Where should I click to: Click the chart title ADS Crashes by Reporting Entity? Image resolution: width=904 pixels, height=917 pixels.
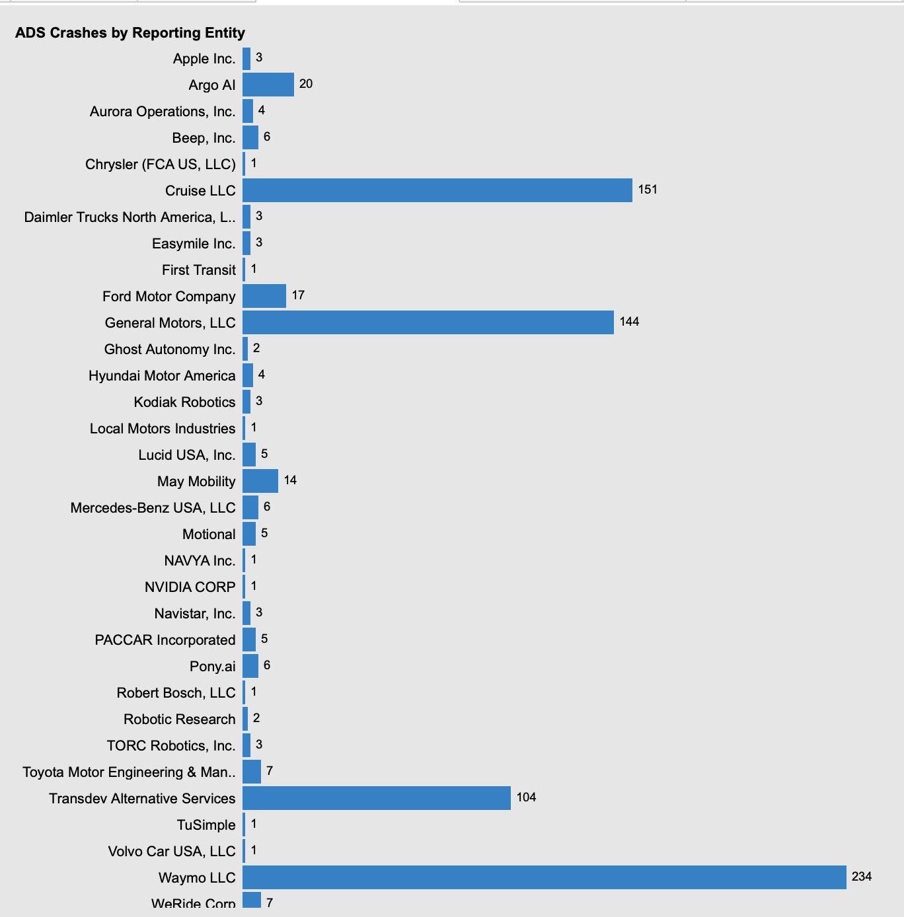[x=130, y=32]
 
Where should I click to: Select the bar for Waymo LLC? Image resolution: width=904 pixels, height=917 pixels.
[x=544, y=877]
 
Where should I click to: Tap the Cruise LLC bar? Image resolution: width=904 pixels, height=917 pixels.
[x=437, y=190]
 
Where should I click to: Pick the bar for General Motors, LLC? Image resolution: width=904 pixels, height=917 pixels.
[x=428, y=322]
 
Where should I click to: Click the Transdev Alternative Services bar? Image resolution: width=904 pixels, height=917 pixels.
[x=376, y=798]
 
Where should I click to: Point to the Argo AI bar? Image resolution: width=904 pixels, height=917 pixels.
[x=268, y=85]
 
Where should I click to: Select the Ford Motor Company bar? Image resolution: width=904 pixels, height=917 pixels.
[x=264, y=296]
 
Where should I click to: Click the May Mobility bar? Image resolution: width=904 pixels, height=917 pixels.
[x=260, y=481]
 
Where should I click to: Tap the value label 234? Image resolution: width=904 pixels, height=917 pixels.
[x=862, y=877]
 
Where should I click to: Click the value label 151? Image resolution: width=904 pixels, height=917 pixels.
[x=648, y=190]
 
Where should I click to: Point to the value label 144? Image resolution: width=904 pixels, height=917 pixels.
[x=629, y=322]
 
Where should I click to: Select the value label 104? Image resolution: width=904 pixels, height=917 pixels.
[x=526, y=797]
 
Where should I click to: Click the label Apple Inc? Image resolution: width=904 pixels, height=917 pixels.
[x=204, y=59]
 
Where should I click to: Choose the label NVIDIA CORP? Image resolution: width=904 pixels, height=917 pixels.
[x=190, y=587]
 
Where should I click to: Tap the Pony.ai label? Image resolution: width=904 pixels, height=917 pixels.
[x=212, y=667]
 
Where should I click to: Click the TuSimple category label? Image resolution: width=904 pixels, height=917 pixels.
[x=206, y=825]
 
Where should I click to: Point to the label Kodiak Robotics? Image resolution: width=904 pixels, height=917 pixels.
[x=184, y=402]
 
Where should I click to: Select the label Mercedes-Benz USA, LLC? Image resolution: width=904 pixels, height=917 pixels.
[x=153, y=508]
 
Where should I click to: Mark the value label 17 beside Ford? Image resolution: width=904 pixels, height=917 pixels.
[x=298, y=295]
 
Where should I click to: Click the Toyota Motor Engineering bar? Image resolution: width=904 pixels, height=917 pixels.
[x=251, y=772]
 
